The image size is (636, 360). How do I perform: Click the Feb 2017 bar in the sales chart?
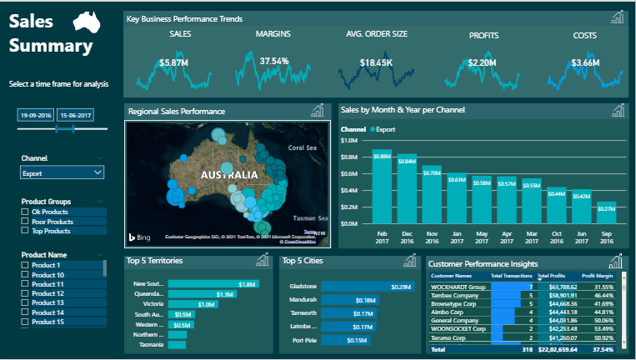click(x=382, y=187)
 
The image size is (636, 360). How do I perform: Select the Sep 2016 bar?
click(x=607, y=213)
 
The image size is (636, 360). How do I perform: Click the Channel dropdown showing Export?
click(x=63, y=173)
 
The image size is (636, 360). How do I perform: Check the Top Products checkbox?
click(x=25, y=230)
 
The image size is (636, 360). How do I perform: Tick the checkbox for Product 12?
click(x=25, y=294)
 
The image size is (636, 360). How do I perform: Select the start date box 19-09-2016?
click(x=36, y=115)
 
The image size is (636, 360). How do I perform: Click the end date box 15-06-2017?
click(x=76, y=115)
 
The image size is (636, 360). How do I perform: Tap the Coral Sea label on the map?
click(x=301, y=148)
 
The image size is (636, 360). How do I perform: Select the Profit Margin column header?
click(x=598, y=275)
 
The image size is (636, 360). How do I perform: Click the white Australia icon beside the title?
click(x=86, y=23)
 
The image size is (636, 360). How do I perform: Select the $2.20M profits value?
click(x=482, y=62)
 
